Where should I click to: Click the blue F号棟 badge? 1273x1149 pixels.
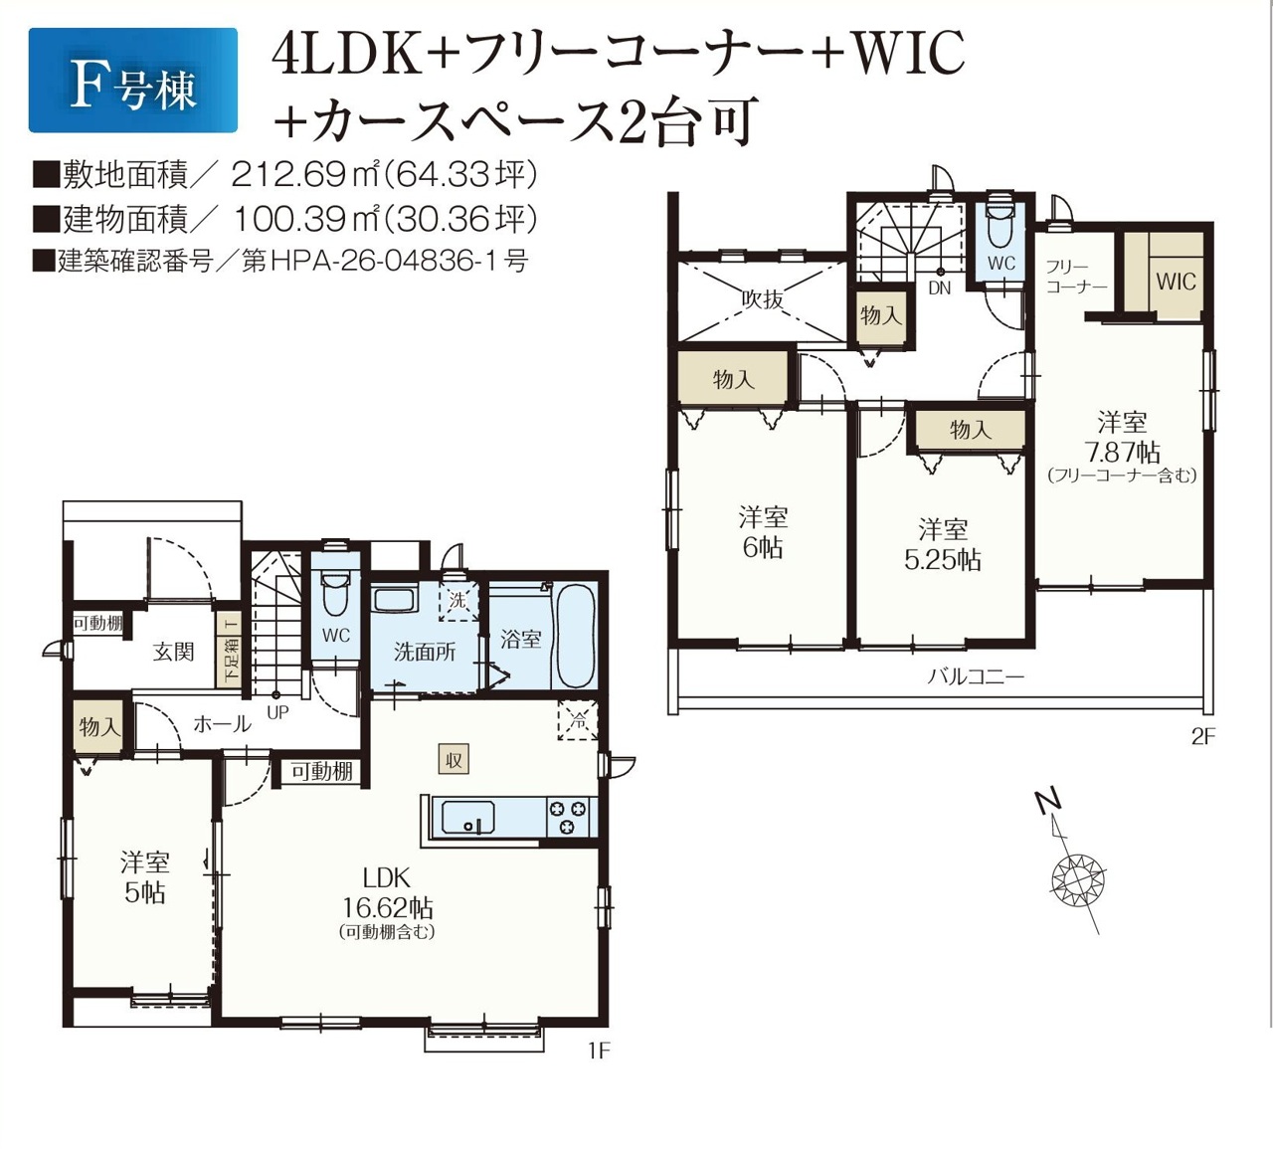pos(133,80)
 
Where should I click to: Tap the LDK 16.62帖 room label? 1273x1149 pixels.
pos(387,895)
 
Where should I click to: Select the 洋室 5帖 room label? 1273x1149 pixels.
pos(144,878)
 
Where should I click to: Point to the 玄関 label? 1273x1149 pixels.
pos(173,652)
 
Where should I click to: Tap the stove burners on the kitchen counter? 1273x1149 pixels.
pos(567,818)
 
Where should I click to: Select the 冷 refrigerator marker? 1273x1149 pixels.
pos(578,720)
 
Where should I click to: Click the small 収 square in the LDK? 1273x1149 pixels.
pos(454,760)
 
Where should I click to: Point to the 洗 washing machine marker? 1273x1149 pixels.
pos(458,601)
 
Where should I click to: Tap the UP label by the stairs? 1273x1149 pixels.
pos(277,712)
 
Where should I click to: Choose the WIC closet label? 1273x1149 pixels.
pos(1176,282)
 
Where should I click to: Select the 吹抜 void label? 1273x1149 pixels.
pos(763,299)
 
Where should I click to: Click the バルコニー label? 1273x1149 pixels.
pos(976,677)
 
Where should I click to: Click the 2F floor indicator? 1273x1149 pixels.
pos(1202,736)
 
